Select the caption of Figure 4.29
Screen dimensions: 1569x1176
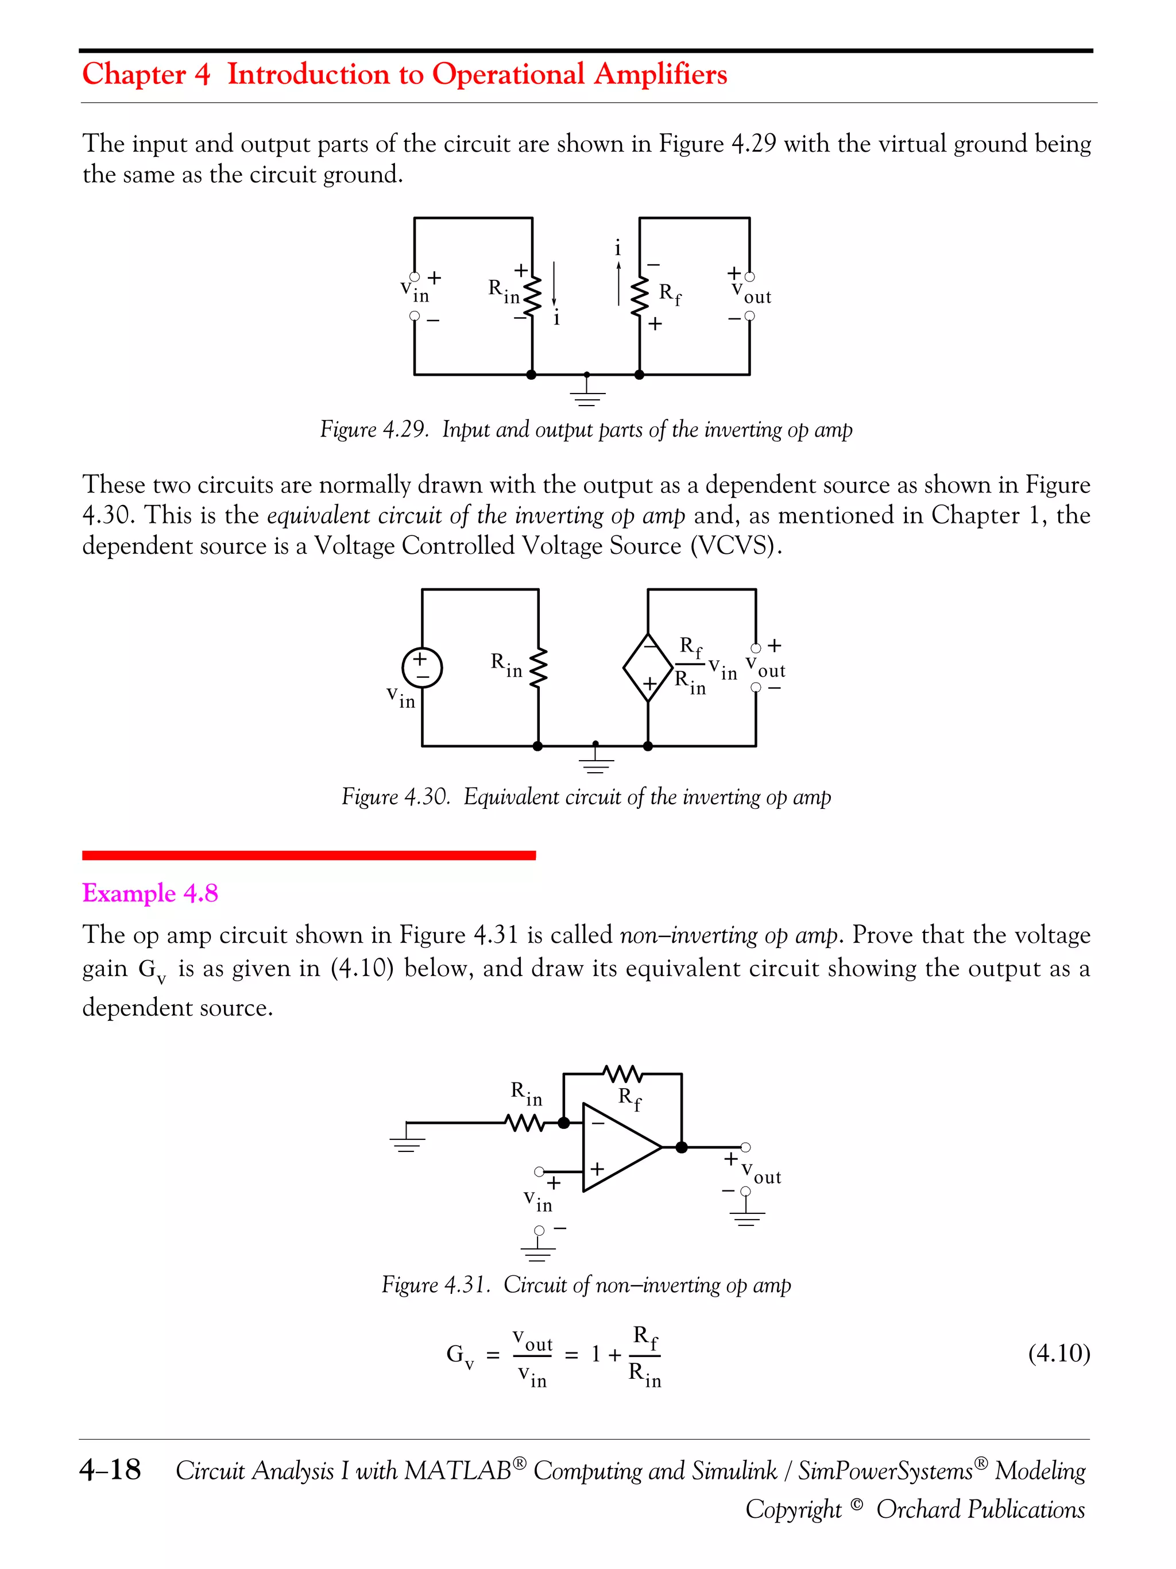click(x=586, y=429)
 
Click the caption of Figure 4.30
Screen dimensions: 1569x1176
click(x=586, y=796)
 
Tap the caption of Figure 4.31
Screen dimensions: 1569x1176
click(x=586, y=1285)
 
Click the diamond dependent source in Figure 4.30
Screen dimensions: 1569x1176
click(x=648, y=668)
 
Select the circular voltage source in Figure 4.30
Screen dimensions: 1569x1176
click(x=422, y=668)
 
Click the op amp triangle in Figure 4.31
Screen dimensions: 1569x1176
click(x=617, y=1147)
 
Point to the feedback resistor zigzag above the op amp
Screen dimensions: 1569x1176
click(x=622, y=1074)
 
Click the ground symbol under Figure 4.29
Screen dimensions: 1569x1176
click(x=587, y=396)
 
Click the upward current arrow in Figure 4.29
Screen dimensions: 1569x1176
click(x=618, y=284)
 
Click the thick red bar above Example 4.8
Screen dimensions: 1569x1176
click(x=308, y=855)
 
